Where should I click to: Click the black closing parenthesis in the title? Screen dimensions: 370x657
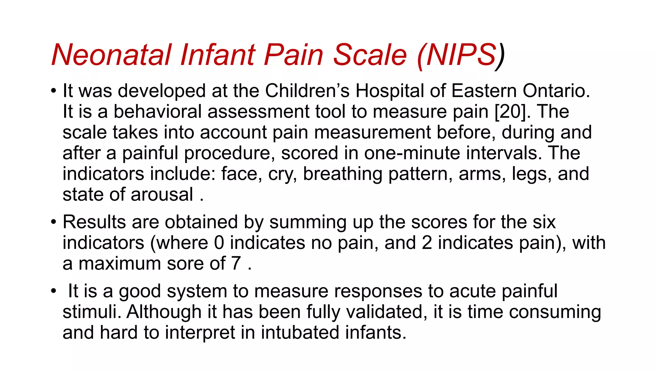click(x=500, y=56)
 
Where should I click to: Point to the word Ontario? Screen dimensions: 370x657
click(x=556, y=91)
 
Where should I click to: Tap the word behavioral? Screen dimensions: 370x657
click(x=158, y=112)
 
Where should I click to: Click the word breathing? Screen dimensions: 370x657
click(x=343, y=174)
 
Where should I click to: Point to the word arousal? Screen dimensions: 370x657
click(x=162, y=195)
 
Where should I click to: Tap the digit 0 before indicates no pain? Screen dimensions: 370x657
click(x=219, y=243)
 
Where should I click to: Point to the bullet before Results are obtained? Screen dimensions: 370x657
click(x=54, y=222)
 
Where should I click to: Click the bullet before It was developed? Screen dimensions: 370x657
click(x=54, y=91)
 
